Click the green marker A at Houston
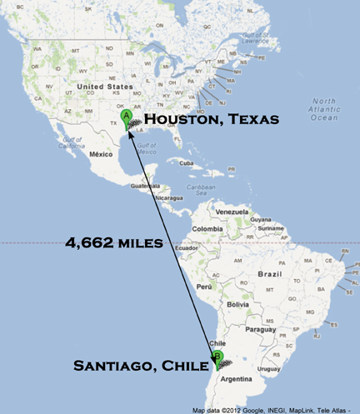click(126, 118)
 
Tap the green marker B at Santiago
click(218, 358)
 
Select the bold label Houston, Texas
click(212, 120)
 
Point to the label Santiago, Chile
click(142, 365)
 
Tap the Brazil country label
click(270, 273)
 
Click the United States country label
click(103, 87)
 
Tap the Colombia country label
click(207, 229)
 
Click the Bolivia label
click(237, 305)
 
